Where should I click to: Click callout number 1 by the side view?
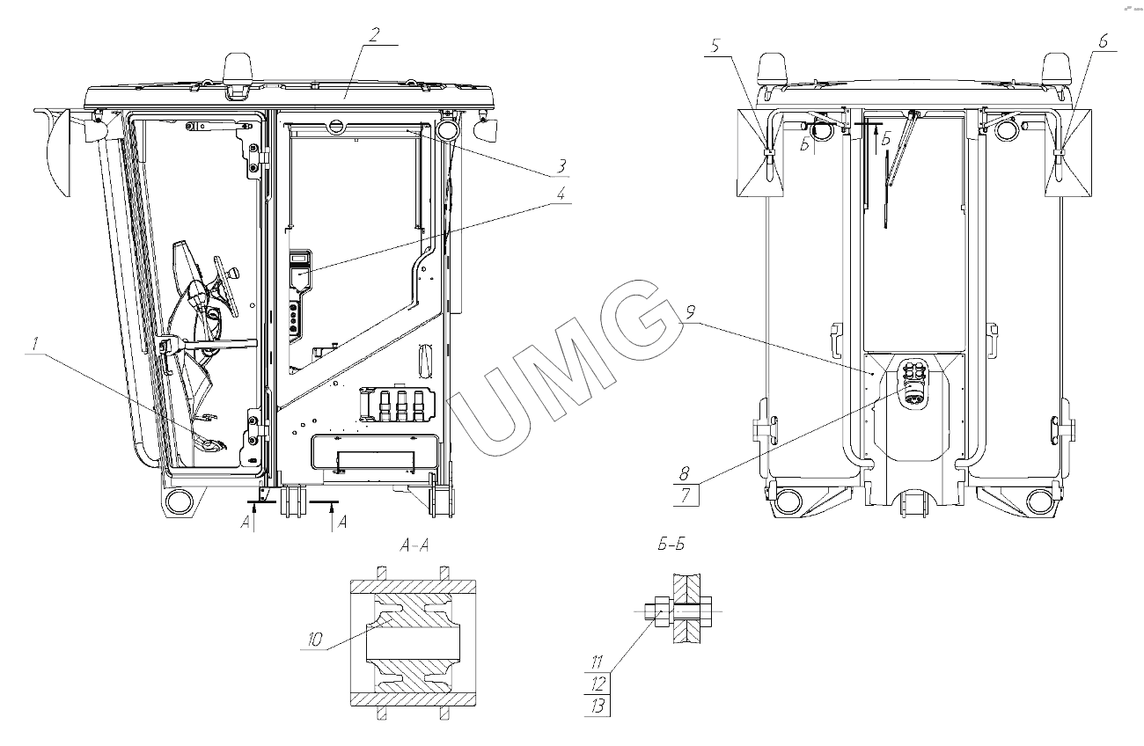click(34, 345)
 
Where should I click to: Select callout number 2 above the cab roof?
click(374, 34)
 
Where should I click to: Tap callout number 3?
click(561, 166)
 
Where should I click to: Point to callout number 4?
click(561, 194)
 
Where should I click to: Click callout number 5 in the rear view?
click(715, 46)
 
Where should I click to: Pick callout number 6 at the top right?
click(1104, 41)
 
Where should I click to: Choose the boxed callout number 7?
click(686, 494)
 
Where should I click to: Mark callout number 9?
click(691, 313)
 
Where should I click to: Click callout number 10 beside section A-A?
click(315, 640)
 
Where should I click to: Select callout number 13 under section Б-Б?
click(598, 706)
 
